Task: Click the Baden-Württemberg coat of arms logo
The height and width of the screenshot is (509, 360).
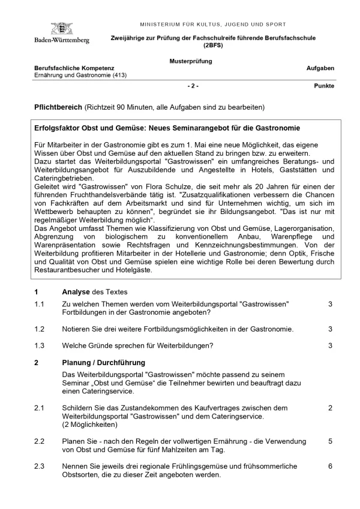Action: tap(61, 28)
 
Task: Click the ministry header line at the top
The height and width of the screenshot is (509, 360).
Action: tap(212, 25)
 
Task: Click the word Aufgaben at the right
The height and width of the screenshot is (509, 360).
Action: tap(320, 68)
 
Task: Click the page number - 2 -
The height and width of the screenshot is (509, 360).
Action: tap(193, 86)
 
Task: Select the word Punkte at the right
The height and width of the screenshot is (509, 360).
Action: tap(324, 86)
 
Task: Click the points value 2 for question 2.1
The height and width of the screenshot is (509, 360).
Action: tap(330, 408)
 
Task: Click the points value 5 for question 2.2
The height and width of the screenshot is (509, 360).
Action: tap(330, 441)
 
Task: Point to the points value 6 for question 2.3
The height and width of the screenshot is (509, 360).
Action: tap(330, 466)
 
